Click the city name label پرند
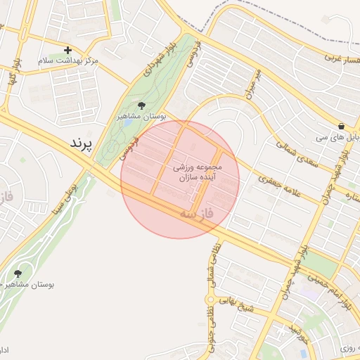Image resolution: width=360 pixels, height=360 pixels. coord(82,143)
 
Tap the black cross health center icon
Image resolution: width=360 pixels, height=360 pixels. coord(67,50)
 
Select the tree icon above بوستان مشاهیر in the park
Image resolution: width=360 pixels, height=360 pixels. coord(141,105)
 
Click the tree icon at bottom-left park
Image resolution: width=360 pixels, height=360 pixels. coord(17,273)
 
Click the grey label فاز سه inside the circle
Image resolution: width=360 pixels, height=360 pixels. coord(205,211)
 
